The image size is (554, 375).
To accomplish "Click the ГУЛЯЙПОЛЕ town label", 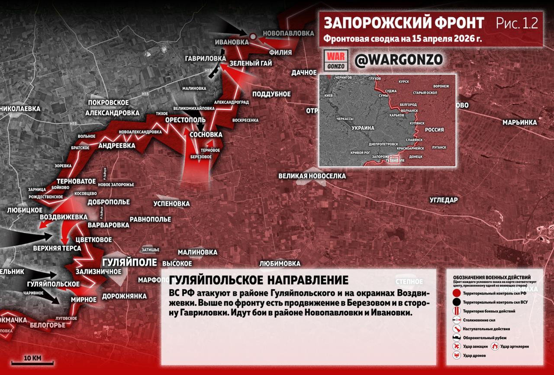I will point(129,262).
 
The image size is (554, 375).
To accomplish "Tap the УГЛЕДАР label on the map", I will point(444,200).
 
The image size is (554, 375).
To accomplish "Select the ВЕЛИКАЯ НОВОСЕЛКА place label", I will point(312,176).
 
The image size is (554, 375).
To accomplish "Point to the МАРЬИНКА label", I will point(519,122).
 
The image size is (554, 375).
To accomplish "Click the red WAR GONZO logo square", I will point(336,61).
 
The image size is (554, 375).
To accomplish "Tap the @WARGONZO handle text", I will point(398,60).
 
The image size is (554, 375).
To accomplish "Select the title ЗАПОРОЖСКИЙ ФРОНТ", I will point(403,23).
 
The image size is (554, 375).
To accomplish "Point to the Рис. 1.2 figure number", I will point(517,23).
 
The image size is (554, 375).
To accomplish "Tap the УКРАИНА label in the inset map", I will point(363,128).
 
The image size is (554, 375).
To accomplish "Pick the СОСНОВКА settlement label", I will point(206,135).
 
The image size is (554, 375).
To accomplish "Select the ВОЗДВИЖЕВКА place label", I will point(63,217).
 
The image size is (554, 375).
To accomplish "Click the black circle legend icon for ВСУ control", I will point(456,302).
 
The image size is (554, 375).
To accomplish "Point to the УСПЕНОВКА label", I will point(172,203).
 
